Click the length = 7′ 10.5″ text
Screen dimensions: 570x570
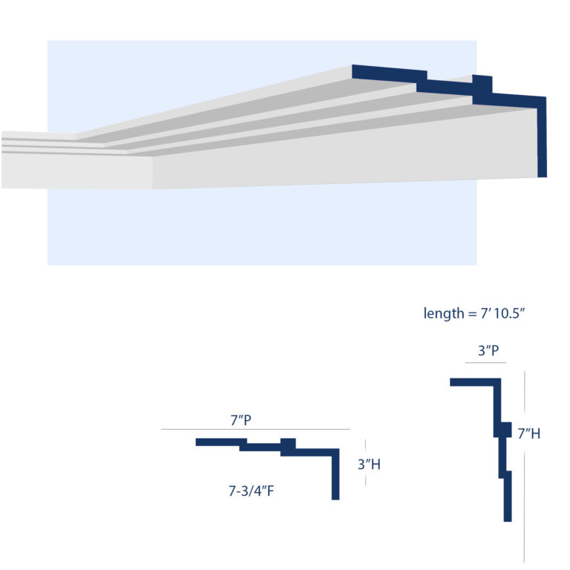click(x=475, y=314)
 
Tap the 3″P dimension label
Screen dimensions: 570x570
click(x=487, y=351)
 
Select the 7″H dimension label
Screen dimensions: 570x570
click(x=528, y=433)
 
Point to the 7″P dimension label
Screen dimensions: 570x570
click(x=240, y=420)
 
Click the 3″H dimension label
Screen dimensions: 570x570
click(x=369, y=465)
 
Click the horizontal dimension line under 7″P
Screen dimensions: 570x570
click(x=255, y=430)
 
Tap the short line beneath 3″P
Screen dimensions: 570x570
click(x=485, y=362)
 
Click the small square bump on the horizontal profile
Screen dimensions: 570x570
click(x=288, y=445)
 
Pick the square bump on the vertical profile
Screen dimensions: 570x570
click(x=503, y=429)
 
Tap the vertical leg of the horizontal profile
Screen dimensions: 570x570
click(x=335, y=479)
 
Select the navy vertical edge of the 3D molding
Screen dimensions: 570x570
click(x=542, y=141)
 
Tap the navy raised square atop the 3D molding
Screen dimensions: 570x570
click(x=482, y=83)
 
